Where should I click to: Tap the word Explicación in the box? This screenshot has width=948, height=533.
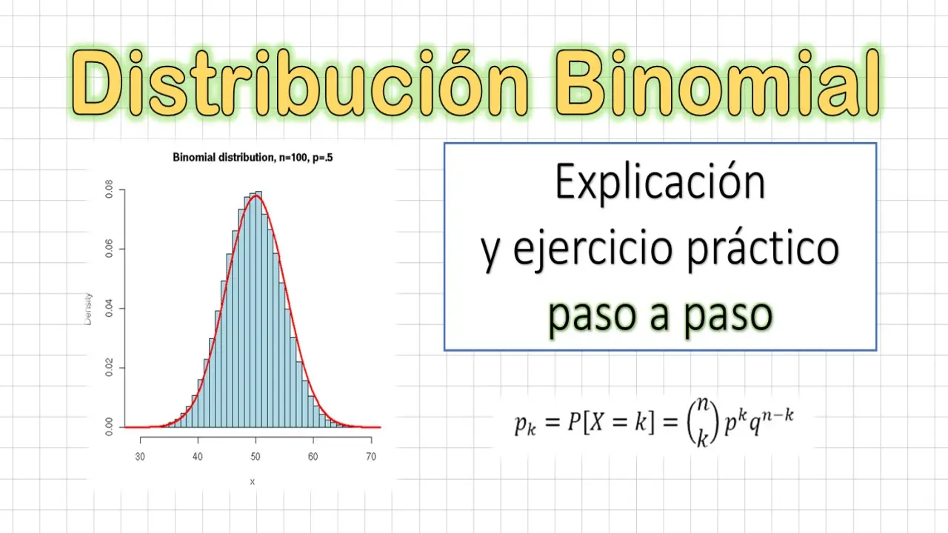[660, 183]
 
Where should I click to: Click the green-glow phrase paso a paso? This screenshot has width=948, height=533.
[660, 315]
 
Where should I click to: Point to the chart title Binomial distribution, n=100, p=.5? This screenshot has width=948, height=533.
[253, 158]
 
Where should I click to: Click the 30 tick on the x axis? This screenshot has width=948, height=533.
[140, 457]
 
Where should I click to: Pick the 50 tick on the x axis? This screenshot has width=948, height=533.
[256, 457]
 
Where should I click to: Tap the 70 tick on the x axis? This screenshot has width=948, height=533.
[371, 457]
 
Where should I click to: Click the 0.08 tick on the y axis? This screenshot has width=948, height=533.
[109, 190]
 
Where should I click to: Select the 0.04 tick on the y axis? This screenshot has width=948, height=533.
[109, 309]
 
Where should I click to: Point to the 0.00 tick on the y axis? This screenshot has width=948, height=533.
[109, 427]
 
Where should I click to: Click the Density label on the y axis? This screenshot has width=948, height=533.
[88, 309]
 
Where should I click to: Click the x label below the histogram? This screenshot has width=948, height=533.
[253, 481]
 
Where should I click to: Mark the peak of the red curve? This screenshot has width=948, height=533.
[256, 196]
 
